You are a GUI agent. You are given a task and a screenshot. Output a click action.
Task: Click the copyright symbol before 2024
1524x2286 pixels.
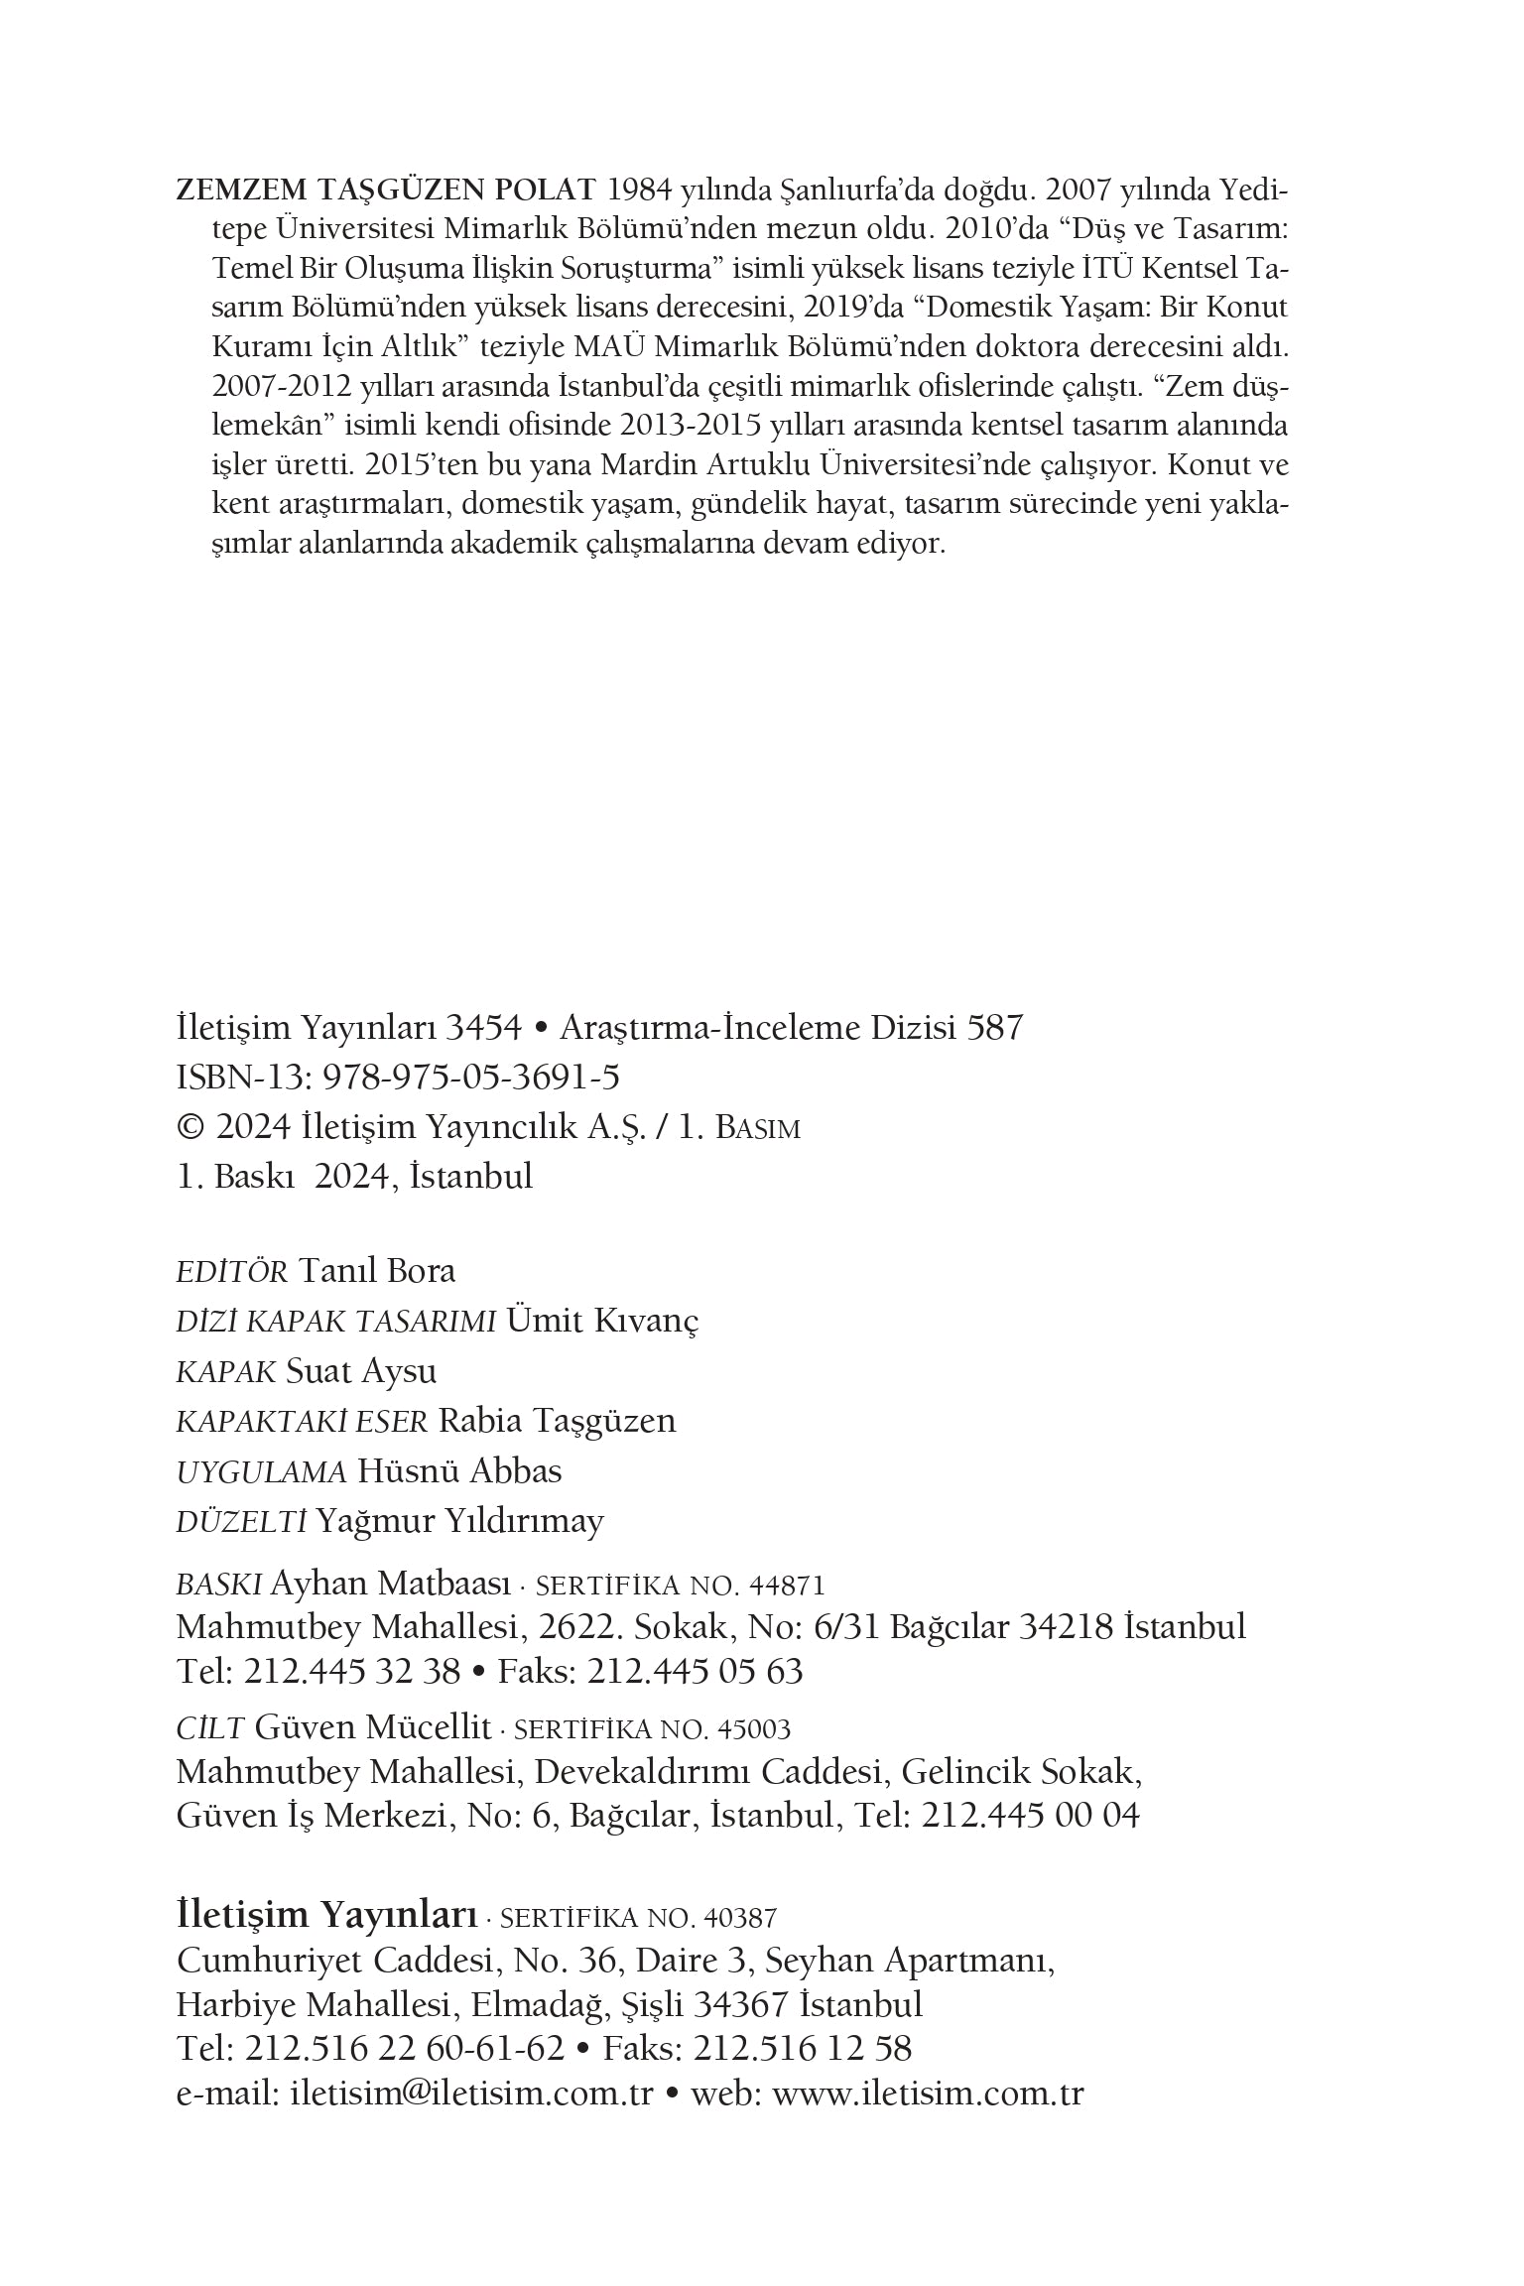coord(189,1128)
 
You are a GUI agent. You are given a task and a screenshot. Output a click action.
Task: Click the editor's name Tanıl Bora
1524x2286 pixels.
coord(376,1271)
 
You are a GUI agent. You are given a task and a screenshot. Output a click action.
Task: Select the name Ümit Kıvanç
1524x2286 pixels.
coord(602,1321)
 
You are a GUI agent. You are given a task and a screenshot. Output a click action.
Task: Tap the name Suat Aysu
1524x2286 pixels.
coord(361,1371)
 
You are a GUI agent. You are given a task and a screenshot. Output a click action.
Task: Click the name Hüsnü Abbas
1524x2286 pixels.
coord(459,1470)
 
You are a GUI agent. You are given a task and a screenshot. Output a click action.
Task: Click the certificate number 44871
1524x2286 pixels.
coord(788,1586)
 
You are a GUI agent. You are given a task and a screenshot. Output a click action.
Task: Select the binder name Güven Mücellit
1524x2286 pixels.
coord(373,1728)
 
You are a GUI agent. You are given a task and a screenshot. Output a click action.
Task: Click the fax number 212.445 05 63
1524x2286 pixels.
coord(695,1672)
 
